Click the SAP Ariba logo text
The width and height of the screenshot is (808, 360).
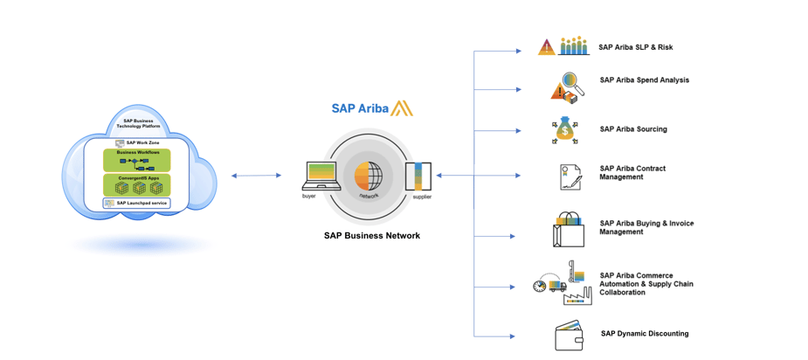click(360, 109)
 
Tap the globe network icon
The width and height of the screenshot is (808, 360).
click(368, 176)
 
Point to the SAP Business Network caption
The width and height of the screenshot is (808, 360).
click(371, 235)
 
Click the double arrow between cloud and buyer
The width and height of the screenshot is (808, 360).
click(256, 176)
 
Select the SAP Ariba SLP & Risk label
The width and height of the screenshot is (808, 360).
click(635, 47)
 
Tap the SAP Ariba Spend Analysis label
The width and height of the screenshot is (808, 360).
click(644, 80)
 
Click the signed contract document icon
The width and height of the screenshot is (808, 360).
click(570, 177)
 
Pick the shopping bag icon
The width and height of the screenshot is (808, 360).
click(568, 230)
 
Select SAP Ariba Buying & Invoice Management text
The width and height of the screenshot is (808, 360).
click(646, 227)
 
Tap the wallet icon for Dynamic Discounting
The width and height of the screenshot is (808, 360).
click(569, 336)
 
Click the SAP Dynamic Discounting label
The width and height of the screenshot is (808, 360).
click(644, 333)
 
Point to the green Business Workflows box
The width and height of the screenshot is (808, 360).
click(137, 159)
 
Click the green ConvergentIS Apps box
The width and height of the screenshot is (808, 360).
click(137, 184)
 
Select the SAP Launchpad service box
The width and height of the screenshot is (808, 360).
click(136, 203)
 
